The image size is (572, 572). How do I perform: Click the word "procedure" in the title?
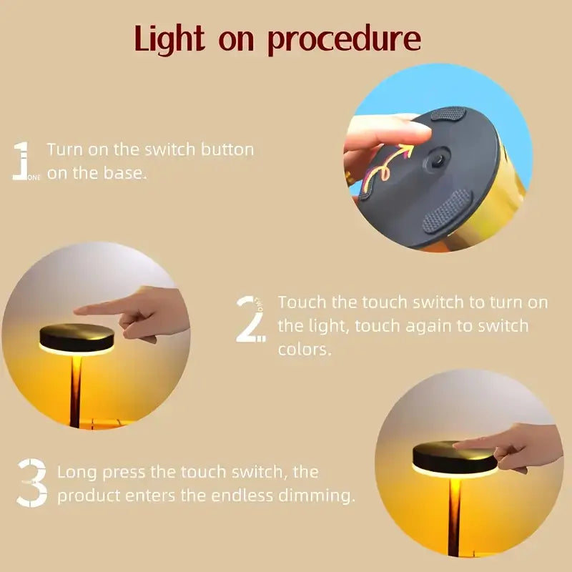click(344, 41)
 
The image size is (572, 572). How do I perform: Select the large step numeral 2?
click(250, 318)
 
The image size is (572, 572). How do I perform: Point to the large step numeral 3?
click(33, 483)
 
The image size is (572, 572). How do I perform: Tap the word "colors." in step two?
click(306, 350)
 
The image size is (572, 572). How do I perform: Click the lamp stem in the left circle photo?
click(75, 393)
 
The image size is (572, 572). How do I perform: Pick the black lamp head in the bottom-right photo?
click(454, 458)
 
